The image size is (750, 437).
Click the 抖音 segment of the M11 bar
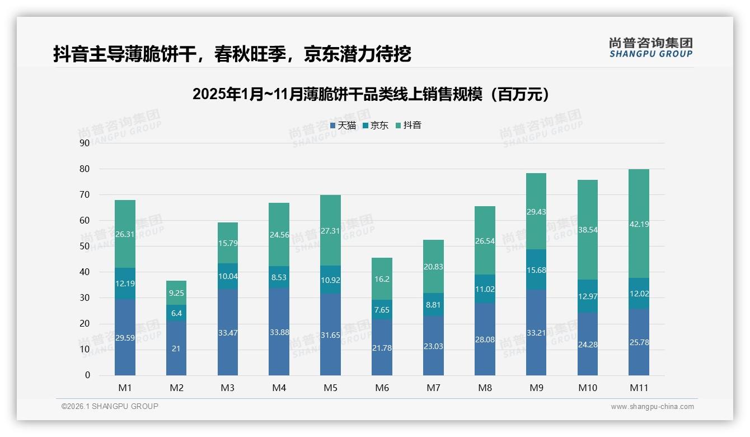coord(639,224)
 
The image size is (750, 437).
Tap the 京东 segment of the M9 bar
coord(536,269)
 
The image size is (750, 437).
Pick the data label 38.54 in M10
coord(587,230)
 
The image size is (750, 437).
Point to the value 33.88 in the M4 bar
coord(279,332)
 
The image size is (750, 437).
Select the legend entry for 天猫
coord(343,125)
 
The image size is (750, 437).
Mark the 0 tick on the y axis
coord(87,375)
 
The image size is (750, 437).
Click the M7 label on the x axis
coord(433,388)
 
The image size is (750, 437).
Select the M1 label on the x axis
coord(125,388)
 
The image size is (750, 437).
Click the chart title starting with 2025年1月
coord(371,94)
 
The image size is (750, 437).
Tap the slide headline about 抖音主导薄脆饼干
coord(232,54)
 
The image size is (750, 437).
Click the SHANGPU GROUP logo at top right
coord(650,48)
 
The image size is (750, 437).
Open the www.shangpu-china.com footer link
coord(652,407)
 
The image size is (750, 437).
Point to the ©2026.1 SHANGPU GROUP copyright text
coord(110,406)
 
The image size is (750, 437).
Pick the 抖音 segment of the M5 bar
coord(330,230)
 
